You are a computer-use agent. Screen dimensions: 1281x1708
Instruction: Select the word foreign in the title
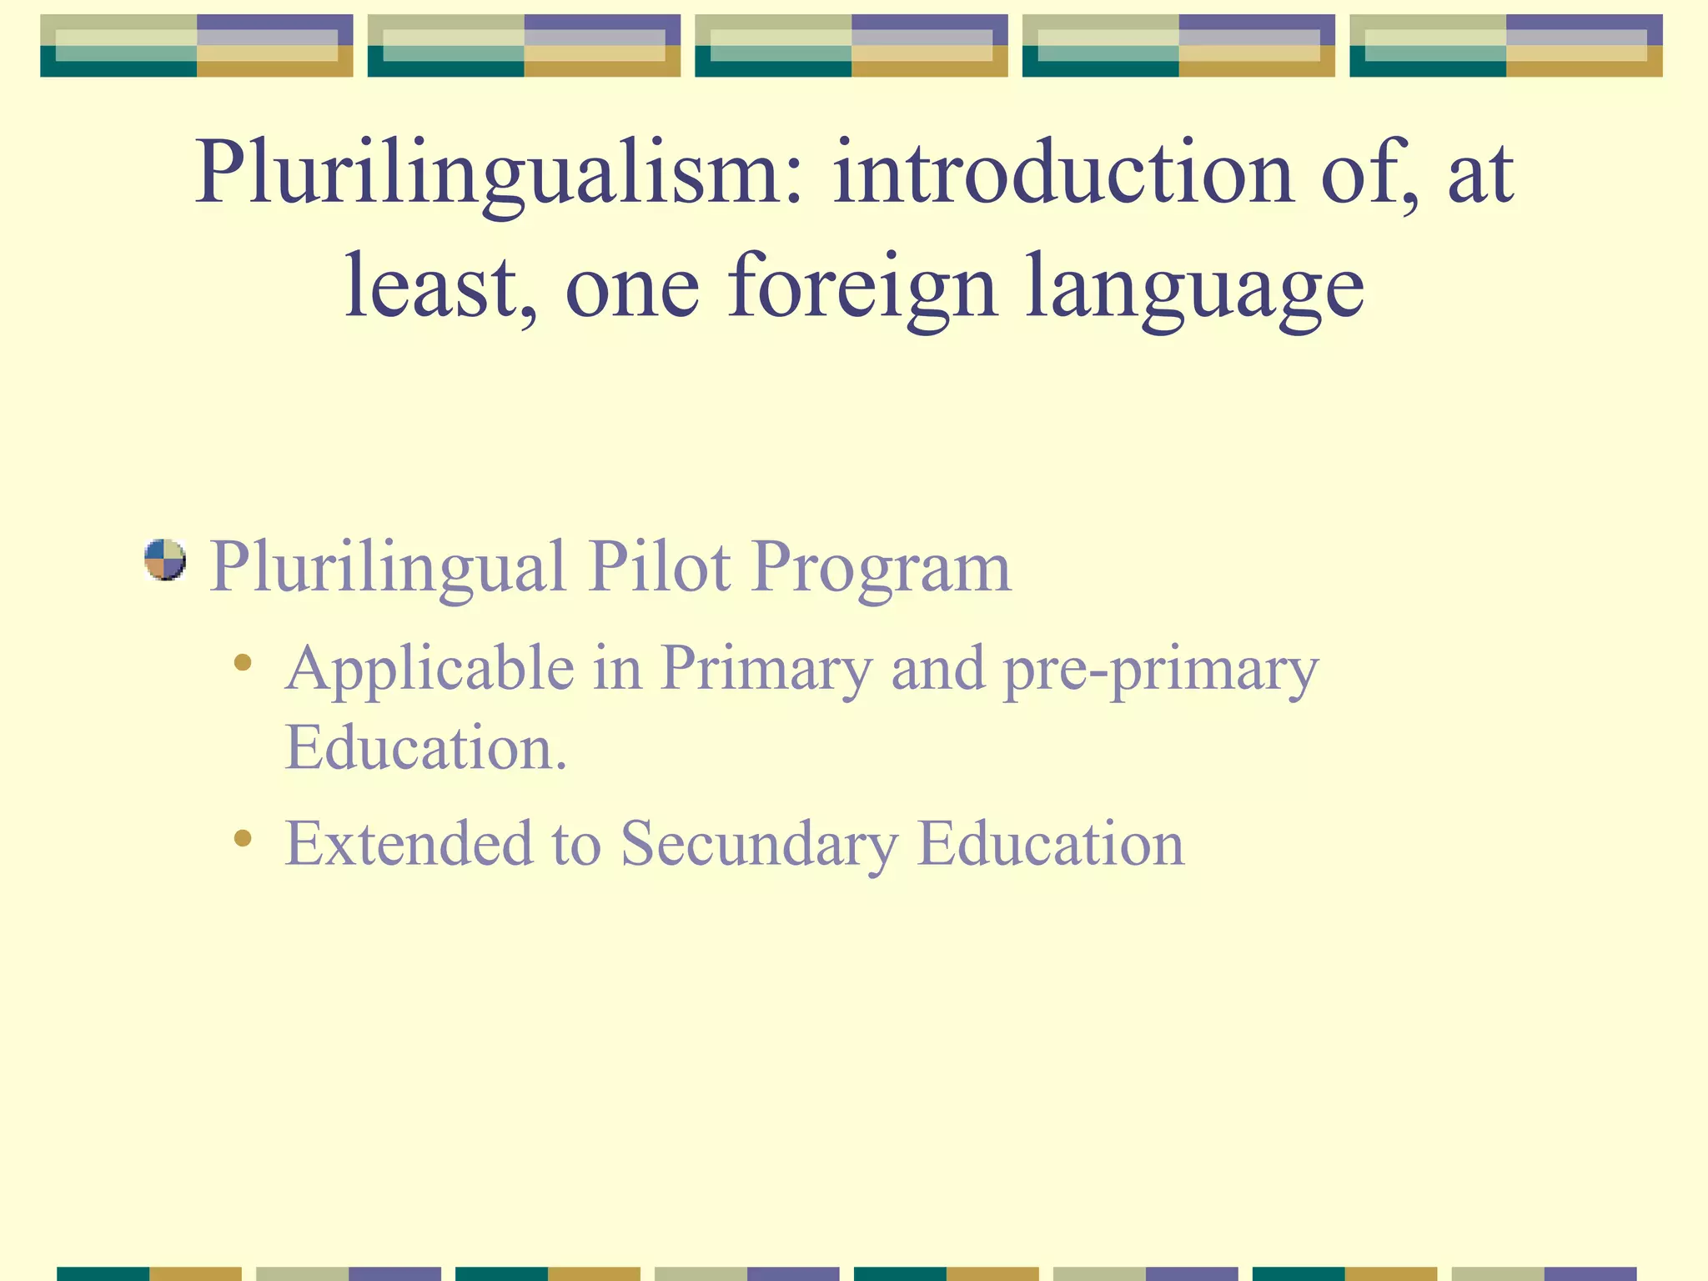coord(862,288)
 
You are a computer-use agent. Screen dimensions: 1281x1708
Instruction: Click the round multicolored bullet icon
coord(164,560)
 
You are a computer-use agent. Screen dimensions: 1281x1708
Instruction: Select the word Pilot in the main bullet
coord(659,567)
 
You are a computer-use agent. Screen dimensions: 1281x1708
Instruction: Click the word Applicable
coord(430,670)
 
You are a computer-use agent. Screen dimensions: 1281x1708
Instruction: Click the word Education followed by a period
coord(425,747)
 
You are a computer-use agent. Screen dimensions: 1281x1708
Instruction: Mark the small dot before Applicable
coord(243,663)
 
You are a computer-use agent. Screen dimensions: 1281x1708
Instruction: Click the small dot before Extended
coord(243,837)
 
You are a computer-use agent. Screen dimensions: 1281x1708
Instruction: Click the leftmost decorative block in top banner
coord(197,46)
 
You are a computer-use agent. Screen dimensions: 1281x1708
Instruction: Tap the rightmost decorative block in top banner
coord(1505,46)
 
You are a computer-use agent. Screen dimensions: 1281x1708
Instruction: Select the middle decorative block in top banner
coord(851,46)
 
